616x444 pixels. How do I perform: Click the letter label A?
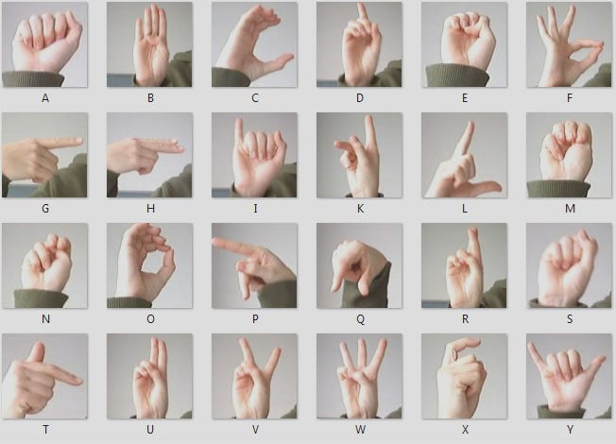tap(45, 97)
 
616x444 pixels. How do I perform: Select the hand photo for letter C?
tap(254, 44)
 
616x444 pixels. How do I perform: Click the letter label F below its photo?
tap(569, 97)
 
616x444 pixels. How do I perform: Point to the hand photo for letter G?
tap(44, 155)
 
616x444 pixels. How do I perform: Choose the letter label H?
tap(149, 208)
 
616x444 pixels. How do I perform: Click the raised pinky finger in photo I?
tap(239, 125)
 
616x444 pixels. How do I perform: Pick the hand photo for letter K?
tap(359, 155)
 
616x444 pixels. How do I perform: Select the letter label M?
tap(569, 208)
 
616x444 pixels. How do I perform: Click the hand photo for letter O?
tap(149, 265)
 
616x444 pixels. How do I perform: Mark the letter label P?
tap(254, 318)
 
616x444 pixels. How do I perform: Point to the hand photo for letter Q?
tap(359, 265)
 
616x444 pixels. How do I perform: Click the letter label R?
tap(464, 318)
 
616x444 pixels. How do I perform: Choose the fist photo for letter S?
tap(569, 265)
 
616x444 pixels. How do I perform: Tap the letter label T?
tap(45, 429)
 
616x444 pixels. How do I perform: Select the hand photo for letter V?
tap(254, 376)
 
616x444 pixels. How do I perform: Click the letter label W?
tap(359, 429)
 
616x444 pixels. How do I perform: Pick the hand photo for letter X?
tap(464, 376)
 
